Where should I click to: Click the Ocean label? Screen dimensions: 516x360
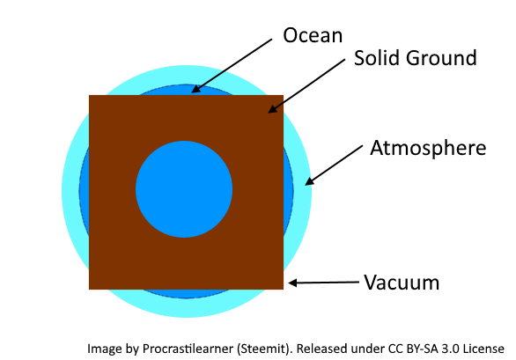pyautogui.click(x=313, y=35)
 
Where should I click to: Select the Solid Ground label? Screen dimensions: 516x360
pyautogui.click(x=416, y=58)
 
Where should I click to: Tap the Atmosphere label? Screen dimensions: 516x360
pyautogui.click(x=428, y=148)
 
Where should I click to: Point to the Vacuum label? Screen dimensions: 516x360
pyautogui.click(x=402, y=283)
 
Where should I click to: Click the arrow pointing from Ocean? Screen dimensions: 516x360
pyautogui.click(x=232, y=66)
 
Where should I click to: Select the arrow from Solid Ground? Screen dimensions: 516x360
pyautogui.click(x=306, y=86)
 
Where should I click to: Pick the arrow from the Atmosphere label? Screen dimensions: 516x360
pyautogui.click(x=334, y=165)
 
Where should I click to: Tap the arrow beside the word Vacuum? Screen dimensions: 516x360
pyautogui.click(x=323, y=283)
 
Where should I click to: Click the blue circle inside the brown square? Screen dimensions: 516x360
pyautogui.click(x=184, y=189)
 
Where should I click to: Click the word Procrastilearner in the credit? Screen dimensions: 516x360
pyautogui.click(x=188, y=349)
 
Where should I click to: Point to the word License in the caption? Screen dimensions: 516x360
pyautogui.click(x=483, y=349)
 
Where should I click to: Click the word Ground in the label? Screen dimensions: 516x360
pyautogui.click(x=441, y=58)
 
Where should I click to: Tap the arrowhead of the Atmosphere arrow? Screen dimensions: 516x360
pyautogui.click(x=309, y=182)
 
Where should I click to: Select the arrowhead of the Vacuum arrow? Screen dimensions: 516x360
pyautogui.click(x=292, y=283)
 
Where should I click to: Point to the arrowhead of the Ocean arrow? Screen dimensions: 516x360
pyautogui.click(x=195, y=90)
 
